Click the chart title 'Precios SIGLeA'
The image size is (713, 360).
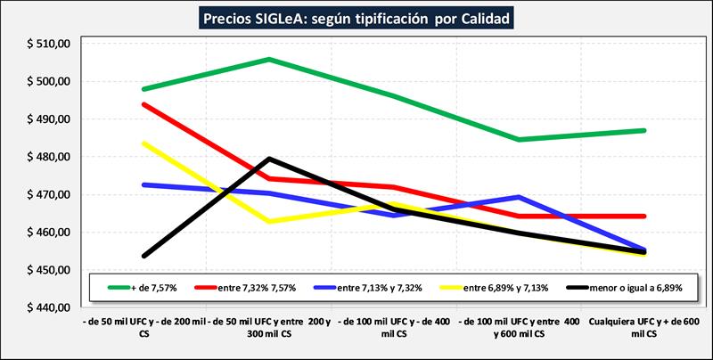[x=356, y=18]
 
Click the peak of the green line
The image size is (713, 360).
[x=269, y=60]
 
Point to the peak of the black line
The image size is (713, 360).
[x=269, y=159]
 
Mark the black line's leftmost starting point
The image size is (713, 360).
[x=143, y=256]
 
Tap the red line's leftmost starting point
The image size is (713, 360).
[x=143, y=104]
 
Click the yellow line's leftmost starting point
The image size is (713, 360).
[x=143, y=143]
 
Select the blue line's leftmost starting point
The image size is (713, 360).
[x=143, y=184]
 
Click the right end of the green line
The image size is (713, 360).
[x=644, y=130]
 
